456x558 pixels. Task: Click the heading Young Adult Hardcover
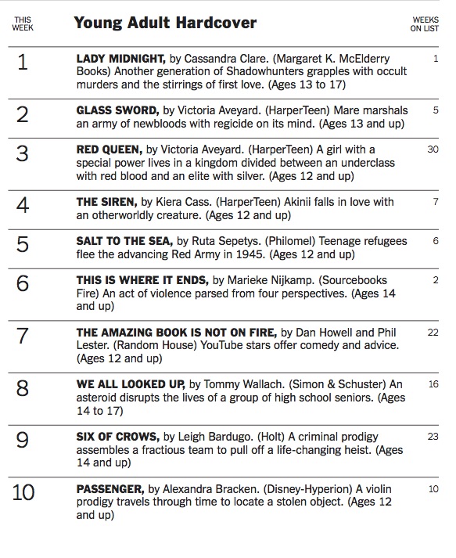tap(164, 23)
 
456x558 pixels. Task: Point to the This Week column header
tap(23, 23)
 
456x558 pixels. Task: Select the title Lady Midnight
tap(120, 59)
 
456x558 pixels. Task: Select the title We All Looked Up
tap(130, 384)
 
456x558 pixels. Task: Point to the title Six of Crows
tap(117, 437)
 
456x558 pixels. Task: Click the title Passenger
tap(110, 489)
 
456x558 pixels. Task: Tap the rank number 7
tap(23, 337)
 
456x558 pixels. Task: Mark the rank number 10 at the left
tap(23, 495)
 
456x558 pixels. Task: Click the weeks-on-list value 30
tap(433, 149)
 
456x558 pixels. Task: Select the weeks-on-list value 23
tap(433, 437)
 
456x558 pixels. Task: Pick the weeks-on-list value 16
tap(433, 384)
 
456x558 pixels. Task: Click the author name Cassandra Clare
tap(224, 59)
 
